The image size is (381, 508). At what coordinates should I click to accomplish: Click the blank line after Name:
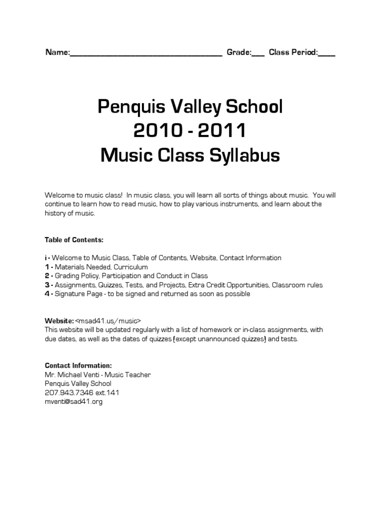click(x=145, y=53)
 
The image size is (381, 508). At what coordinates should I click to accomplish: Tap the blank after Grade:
click(x=258, y=53)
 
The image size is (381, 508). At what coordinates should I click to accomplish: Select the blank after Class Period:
click(x=326, y=53)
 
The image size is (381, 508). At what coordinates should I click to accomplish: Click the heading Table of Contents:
click(x=74, y=240)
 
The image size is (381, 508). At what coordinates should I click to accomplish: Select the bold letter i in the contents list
click(x=46, y=258)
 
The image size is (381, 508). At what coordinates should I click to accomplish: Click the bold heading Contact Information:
click(x=78, y=366)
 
